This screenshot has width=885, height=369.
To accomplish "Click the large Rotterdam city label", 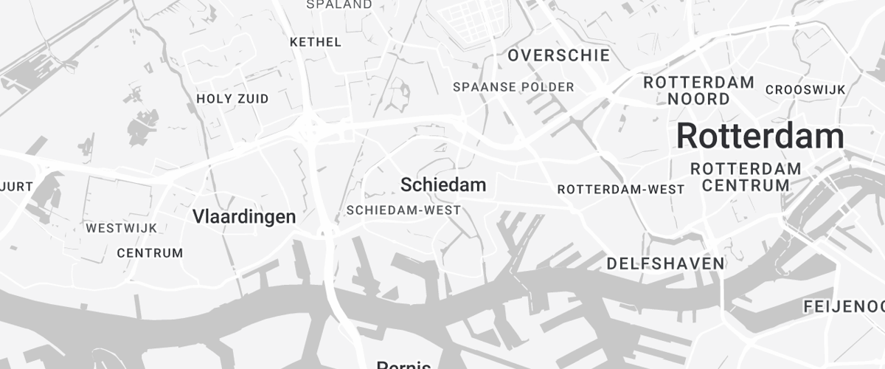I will click(x=760, y=137).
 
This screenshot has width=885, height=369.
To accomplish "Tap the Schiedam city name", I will click(x=442, y=184).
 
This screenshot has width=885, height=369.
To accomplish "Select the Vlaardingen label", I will click(x=244, y=217).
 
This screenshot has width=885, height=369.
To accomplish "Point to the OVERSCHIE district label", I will click(x=558, y=55).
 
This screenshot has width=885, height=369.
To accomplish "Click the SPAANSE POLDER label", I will click(x=513, y=87).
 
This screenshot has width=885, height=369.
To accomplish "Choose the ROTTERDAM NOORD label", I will click(x=698, y=90).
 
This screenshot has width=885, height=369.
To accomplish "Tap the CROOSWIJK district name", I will click(x=805, y=90).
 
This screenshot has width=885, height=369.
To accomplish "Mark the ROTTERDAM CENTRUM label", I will click(x=746, y=177).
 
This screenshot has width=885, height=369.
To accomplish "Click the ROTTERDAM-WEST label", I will click(x=621, y=190).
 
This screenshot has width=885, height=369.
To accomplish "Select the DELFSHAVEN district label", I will click(x=665, y=263).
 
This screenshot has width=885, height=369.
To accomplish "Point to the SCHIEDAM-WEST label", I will click(x=403, y=210).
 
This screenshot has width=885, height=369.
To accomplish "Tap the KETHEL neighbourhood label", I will click(x=316, y=42).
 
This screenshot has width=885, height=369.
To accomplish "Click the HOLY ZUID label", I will click(x=232, y=99).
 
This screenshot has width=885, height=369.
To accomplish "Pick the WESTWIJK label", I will click(x=122, y=228).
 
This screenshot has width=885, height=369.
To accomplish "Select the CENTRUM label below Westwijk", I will click(x=150, y=253).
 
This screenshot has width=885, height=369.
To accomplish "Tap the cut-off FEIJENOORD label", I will click(x=844, y=306).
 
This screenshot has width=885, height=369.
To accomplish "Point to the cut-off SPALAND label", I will click(x=339, y=5).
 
